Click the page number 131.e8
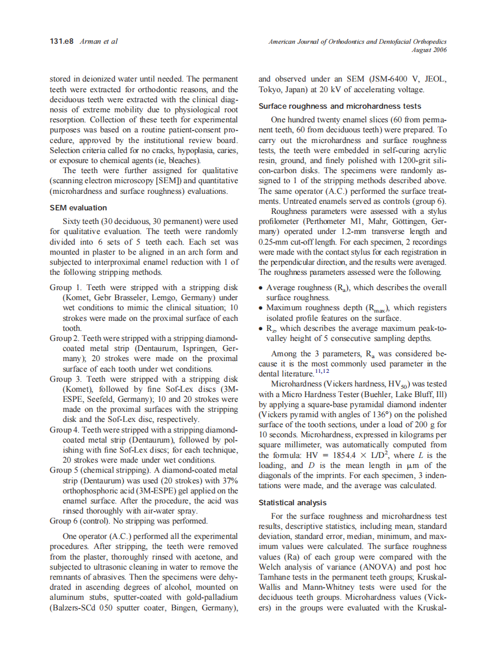(x=60, y=41)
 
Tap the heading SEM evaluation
(x=78, y=208)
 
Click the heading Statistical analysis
(x=292, y=503)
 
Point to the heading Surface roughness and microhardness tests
(x=340, y=106)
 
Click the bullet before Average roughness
(x=261, y=288)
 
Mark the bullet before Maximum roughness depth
(x=261, y=308)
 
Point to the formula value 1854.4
(x=320, y=456)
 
